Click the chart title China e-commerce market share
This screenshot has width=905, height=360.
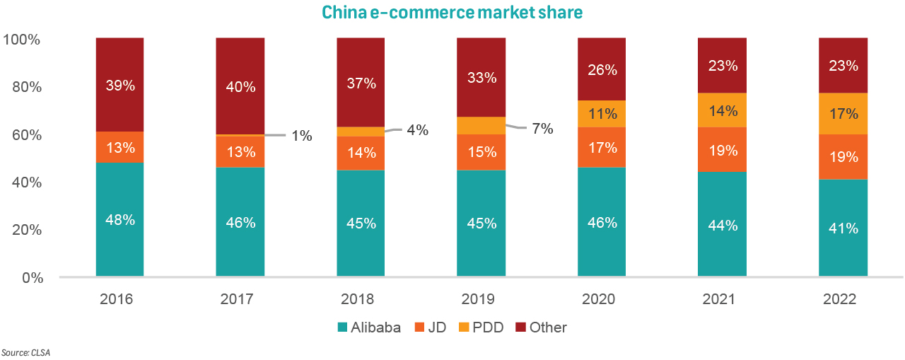point(452,13)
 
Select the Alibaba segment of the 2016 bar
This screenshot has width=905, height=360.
point(120,219)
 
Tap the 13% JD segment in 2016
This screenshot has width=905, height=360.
point(120,147)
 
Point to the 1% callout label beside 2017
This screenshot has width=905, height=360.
point(302,136)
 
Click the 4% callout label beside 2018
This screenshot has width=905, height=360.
point(417,130)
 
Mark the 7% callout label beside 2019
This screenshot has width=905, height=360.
point(542,129)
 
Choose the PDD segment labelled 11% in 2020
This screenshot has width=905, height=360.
point(602,114)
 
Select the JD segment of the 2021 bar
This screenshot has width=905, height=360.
point(722,150)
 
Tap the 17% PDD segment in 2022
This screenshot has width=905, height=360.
point(843,114)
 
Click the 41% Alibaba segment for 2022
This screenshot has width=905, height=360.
point(843,228)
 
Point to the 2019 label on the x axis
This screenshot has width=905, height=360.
point(481,299)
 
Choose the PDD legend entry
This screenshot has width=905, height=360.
point(482,327)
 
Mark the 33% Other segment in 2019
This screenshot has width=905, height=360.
point(481,77)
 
